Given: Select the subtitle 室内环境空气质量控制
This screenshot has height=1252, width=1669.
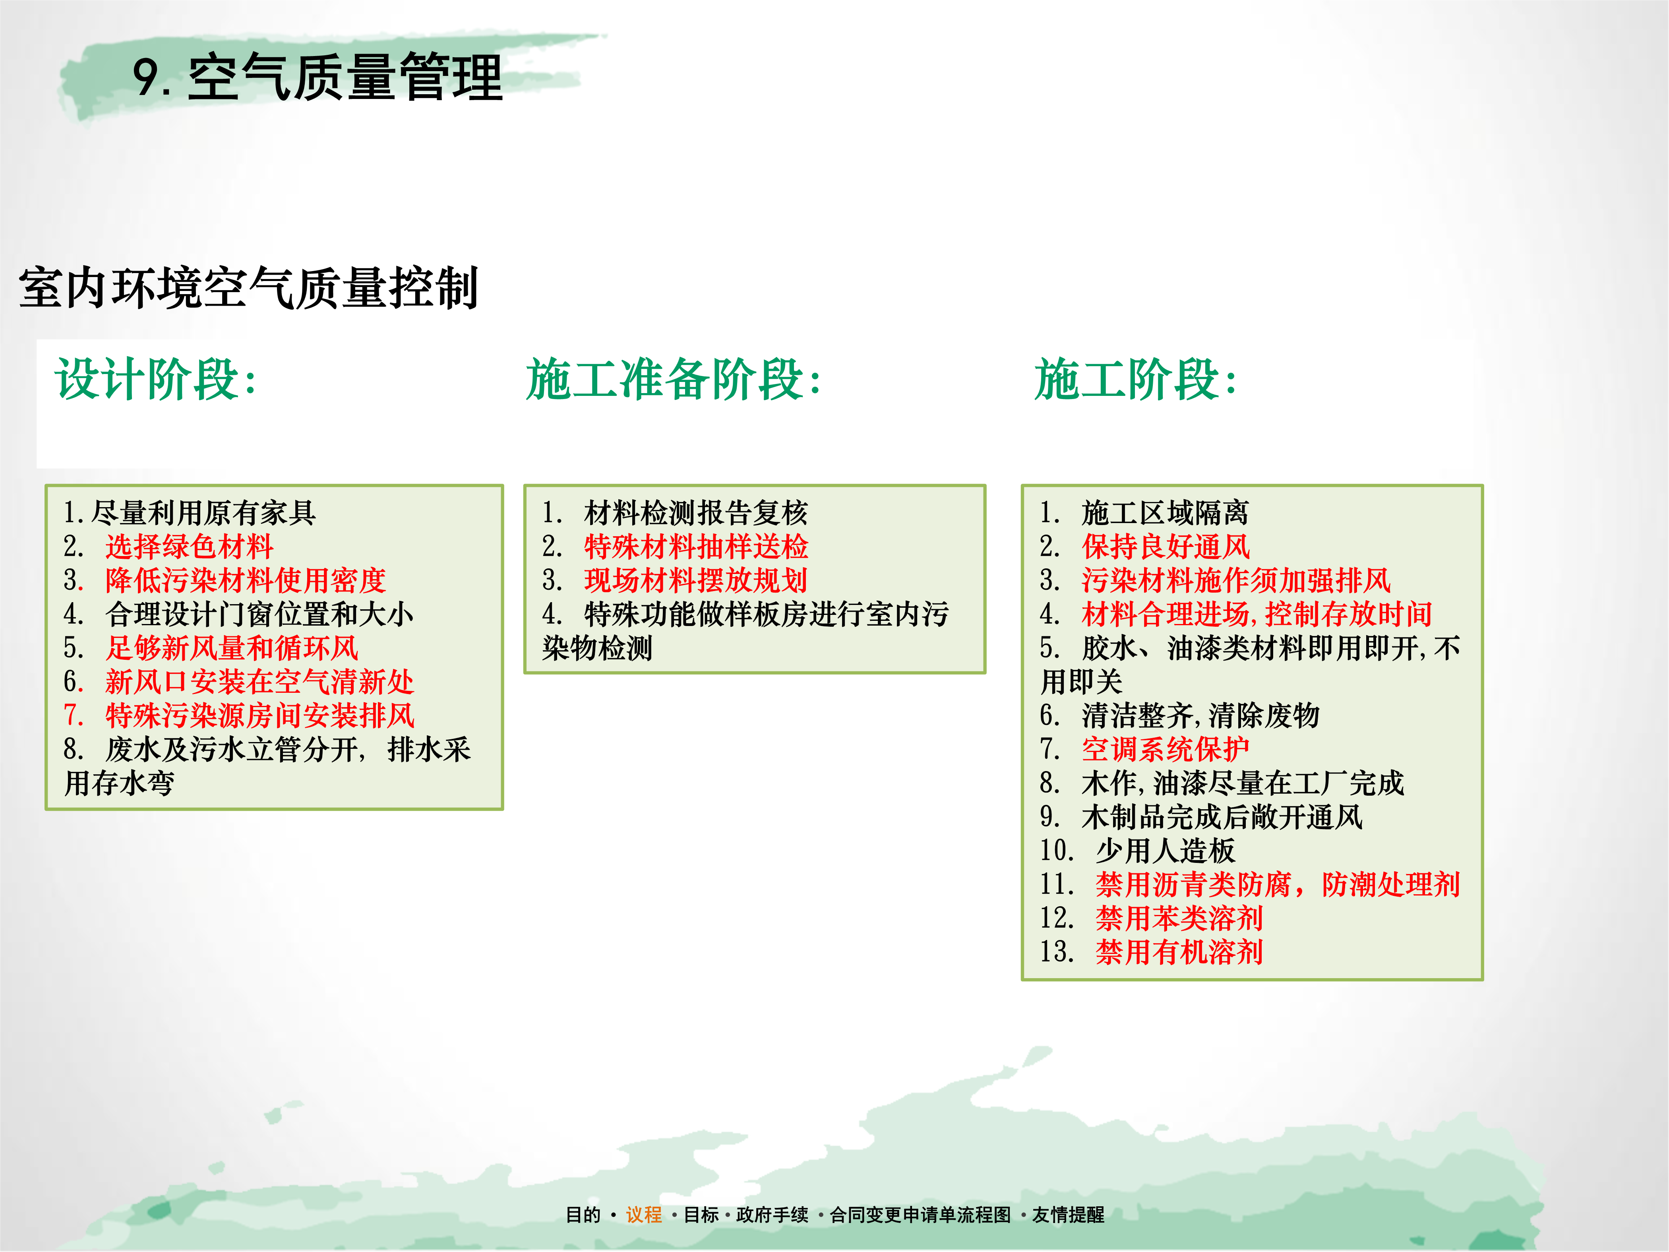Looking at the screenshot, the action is click(x=249, y=287).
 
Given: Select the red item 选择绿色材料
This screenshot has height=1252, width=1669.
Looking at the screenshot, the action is click(x=190, y=547).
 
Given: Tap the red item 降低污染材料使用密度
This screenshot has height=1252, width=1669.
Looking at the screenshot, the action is click(x=246, y=580).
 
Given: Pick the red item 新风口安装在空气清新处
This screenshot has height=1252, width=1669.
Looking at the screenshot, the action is click(x=259, y=682).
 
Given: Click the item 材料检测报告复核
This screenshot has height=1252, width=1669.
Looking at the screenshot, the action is click(x=696, y=513).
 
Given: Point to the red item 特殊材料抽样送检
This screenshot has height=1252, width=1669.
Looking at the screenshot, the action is click(x=696, y=547).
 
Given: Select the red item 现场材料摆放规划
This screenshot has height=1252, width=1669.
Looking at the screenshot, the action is click(x=696, y=580).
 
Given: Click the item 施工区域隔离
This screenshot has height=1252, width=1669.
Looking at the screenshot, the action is click(x=1165, y=513).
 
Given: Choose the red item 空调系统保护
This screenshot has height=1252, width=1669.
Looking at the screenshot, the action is click(x=1165, y=749).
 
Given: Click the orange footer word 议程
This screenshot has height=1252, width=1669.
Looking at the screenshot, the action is click(x=644, y=1214).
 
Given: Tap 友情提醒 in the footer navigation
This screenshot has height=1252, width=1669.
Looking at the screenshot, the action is click(x=1069, y=1214).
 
